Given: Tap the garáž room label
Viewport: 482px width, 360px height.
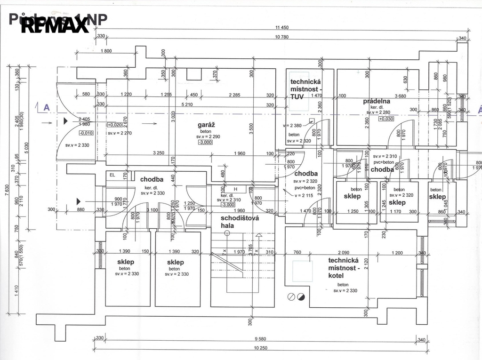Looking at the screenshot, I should tap(206, 125).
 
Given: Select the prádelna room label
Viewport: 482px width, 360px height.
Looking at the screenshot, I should tap(377, 101).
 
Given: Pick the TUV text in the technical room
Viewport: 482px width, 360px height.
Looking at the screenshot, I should tap(297, 96).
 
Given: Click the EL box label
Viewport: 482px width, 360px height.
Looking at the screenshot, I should tap(112, 175).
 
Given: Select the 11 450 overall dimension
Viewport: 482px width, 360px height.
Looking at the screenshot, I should tap(281, 28).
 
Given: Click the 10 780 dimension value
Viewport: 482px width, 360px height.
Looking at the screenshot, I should tap(281, 37).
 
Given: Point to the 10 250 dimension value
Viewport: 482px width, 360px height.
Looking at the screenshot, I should tap(260, 348).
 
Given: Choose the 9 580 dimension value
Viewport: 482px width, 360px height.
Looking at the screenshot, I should tap(260, 338).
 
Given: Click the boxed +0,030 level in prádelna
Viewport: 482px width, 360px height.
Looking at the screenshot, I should tap(386, 119).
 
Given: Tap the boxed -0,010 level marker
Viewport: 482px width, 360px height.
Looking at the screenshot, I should tap(73, 133).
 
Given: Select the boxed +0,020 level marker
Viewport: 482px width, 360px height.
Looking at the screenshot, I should tap(115, 125).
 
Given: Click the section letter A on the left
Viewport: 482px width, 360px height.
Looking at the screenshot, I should tap(47, 108).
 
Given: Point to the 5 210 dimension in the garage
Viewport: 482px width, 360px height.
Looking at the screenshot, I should tap(187, 104).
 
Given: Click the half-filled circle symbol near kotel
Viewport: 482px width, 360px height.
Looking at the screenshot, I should tap(301, 296).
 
